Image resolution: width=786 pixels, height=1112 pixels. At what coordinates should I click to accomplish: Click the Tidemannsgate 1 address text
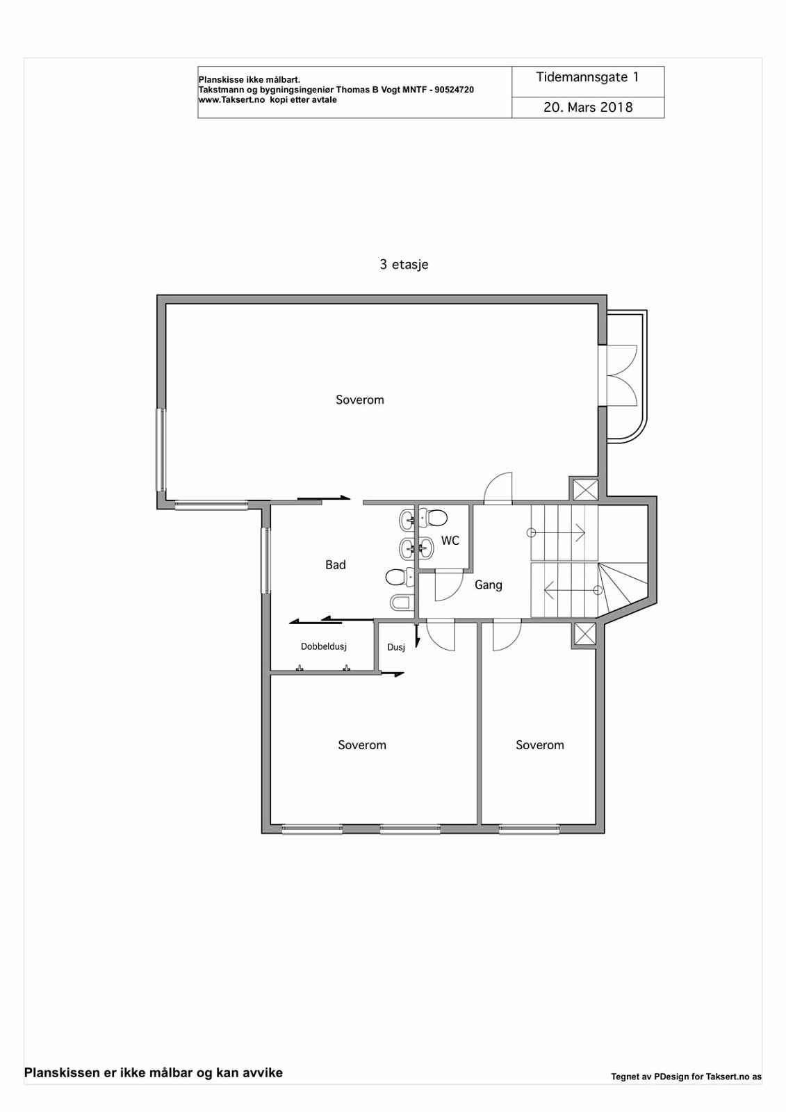click(x=587, y=78)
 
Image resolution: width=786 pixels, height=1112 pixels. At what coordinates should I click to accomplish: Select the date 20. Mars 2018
click(x=588, y=107)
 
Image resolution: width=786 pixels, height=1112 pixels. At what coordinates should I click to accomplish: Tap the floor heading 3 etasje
click(x=404, y=264)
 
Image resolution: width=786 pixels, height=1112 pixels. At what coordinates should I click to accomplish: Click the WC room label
click(x=450, y=541)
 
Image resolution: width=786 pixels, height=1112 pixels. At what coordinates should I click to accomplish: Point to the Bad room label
click(x=336, y=565)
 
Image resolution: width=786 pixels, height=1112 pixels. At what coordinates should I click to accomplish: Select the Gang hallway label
click(x=489, y=585)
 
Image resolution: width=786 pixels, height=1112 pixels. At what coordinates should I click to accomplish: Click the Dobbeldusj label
click(x=324, y=646)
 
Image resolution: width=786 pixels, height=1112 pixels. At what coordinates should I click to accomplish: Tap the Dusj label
click(x=396, y=647)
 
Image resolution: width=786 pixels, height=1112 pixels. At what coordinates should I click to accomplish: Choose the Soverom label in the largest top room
click(x=360, y=400)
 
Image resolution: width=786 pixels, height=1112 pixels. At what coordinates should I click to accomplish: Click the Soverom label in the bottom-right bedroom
click(x=540, y=745)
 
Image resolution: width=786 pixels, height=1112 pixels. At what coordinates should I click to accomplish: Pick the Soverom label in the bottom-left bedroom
click(x=362, y=745)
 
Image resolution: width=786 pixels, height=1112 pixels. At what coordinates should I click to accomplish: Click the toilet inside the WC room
click(x=436, y=518)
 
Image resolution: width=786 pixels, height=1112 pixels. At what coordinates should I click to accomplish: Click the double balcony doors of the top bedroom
click(x=622, y=376)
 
